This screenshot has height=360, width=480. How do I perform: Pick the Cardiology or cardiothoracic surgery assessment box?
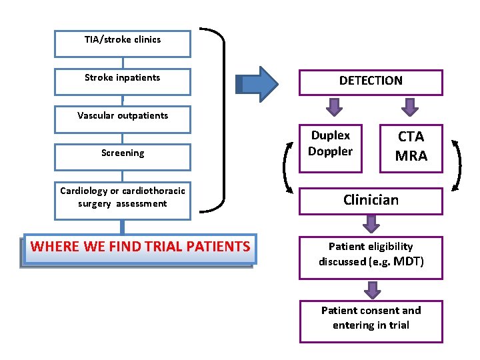click(x=123, y=197)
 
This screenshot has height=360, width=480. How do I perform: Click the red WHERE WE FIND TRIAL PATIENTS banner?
click(x=140, y=247)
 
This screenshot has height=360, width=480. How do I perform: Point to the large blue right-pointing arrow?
click(x=257, y=83)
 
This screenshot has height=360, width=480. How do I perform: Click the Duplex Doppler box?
click(x=331, y=145)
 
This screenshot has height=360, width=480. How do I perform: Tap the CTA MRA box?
click(x=411, y=146)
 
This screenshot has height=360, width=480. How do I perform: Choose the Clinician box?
click(x=371, y=200)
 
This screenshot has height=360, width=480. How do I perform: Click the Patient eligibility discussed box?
click(x=371, y=254)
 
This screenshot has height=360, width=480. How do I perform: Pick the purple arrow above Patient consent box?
click(x=371, y=290)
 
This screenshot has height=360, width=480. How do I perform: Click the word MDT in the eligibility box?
click(x=409, y=261)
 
